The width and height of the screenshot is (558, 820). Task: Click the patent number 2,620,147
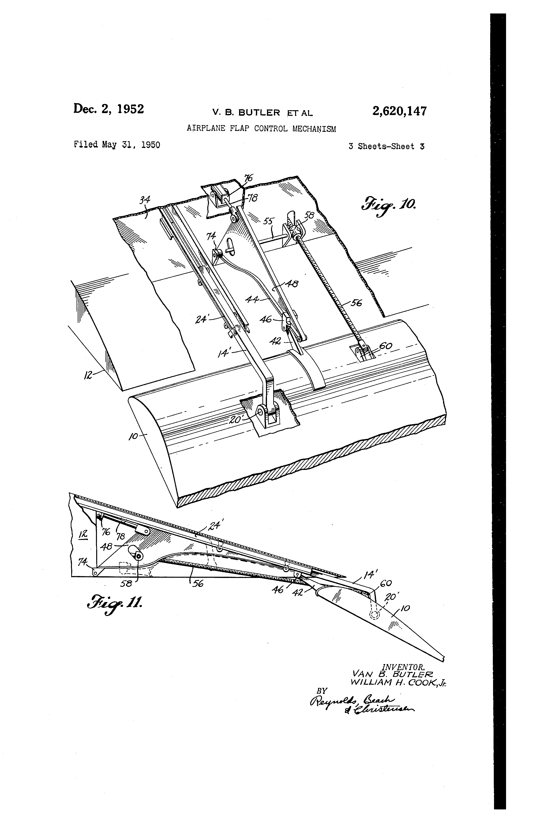(399, 111)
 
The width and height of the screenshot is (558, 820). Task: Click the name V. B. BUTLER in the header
(246, 113)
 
